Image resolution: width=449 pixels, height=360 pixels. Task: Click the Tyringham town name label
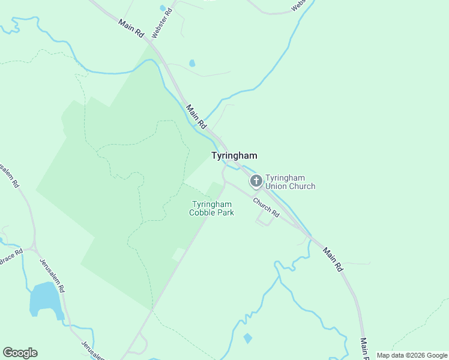click(234, 155)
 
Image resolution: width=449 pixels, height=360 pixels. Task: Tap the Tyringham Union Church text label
click(290, 182)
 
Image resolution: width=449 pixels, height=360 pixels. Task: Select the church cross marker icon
click(256, 181)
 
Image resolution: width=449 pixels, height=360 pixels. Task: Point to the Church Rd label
click(266, 207)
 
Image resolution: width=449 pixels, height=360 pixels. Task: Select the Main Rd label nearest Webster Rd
click(131, 29)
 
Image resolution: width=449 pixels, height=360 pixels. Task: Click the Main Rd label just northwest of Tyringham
click(196, 117)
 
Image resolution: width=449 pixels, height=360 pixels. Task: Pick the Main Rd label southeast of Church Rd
click(332, 259)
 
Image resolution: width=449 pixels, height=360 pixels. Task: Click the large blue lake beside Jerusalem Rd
click(44, 299)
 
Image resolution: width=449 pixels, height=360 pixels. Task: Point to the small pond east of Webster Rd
click(192, 63)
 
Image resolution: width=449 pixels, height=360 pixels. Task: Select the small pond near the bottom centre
click(248, 338)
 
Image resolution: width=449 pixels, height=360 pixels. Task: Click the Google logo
click(20, 352)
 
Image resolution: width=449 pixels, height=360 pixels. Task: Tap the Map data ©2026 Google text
click(411, 355)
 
